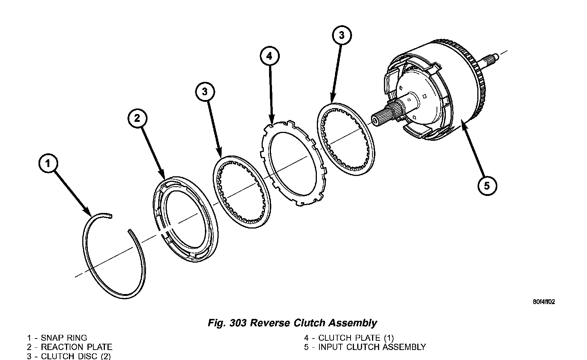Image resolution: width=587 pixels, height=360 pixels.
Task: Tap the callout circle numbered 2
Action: pyautogui.click(x=137, y=119)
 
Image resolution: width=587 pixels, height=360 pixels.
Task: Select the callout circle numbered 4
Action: pyautogui.click(x=269, y=56)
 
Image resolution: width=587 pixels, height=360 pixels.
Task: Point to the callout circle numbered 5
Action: pyautogui.click(x=487, y=185)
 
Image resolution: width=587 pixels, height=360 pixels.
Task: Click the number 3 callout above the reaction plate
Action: pyautogui.click(x=205, y=92)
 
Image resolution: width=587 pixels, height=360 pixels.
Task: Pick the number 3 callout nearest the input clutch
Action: pyautogui.click(x=341, y=35)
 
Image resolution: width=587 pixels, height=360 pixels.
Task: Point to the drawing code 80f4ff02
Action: pyautogui.click(x=544, y=302)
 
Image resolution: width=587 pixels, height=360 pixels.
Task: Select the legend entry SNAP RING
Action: pyautogui.click(x=64, y=338)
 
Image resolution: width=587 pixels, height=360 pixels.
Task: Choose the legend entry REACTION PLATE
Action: pyautogui.click(x=76, y=347)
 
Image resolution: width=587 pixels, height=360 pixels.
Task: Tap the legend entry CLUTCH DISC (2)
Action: pyautogui.click(x=76, y=356)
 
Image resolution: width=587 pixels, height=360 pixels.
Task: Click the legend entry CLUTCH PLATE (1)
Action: pyautogui.click(x=356, y=338)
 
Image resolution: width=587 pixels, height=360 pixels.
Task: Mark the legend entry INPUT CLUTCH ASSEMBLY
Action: pyautogui.click(x=372, y=347)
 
